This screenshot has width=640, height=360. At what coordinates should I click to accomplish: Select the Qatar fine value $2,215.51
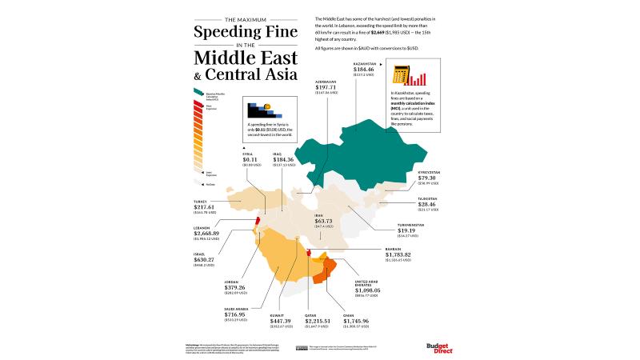pyautogui.click(x=318, y=320)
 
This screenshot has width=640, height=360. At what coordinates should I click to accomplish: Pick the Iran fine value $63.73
pyautogui.click(x=324, y=220)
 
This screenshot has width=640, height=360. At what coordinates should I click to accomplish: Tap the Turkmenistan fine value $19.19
pyautogui.click(x=408, y=230)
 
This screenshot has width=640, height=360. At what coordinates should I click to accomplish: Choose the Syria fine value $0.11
pyautogui.click(x=251, y=159)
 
